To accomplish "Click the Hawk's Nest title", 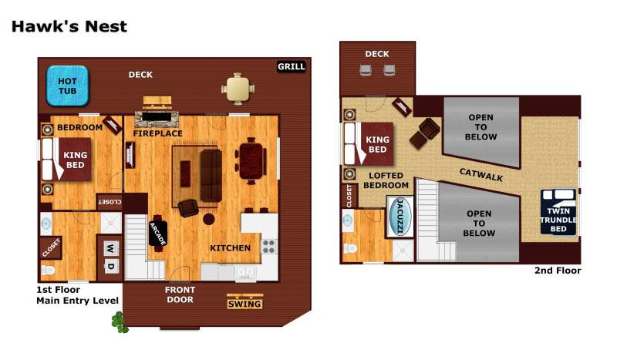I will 69,26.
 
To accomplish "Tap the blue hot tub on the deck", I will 68,86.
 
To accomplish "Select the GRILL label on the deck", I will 292,67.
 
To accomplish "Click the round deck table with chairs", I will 238,89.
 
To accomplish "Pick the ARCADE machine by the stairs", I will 158,232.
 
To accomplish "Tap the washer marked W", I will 110,248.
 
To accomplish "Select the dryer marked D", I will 110,267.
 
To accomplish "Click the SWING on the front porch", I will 245,303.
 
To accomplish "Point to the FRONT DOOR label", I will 180,294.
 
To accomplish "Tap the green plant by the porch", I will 119,321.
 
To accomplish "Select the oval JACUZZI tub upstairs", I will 400,217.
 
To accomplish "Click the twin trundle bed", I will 558,212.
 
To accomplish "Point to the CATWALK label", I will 481,176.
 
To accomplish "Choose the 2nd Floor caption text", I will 558,271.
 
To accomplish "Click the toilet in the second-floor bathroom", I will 350,249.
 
